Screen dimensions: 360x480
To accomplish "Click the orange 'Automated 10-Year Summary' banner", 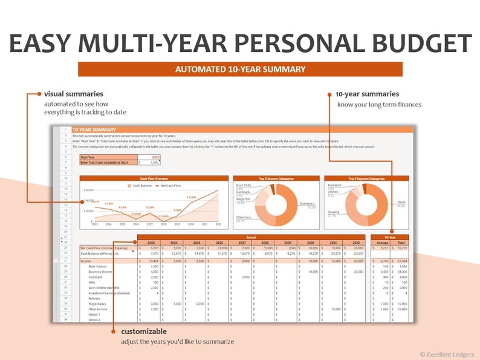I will coord(240,70).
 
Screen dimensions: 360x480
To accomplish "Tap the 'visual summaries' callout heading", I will coord(73,94).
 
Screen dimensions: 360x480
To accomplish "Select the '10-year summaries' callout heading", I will coord(367,94).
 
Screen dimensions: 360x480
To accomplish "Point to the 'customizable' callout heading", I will coord(143,332).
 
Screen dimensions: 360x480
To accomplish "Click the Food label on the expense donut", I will coord(401,202).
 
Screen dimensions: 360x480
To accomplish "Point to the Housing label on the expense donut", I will coord(333,212).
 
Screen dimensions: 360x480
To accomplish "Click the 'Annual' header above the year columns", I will coord(251,237).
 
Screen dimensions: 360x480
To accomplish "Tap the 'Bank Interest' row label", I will coord(98,266).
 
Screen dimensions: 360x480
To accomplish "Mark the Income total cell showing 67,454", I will coord(401,261).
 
